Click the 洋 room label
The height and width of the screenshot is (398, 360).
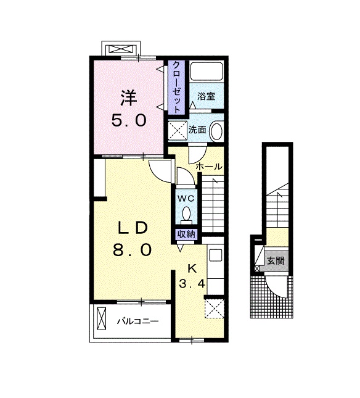click(x=128, y=97)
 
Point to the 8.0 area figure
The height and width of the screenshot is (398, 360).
click(x=131, y=251)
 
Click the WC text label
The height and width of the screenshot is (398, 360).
click(x=186, y=199)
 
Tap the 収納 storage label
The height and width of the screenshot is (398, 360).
click(x=186, y=234)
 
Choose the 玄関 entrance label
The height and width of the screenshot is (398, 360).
click(x=275, y=260)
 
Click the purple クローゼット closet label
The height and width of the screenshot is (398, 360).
click(x=176, y=87)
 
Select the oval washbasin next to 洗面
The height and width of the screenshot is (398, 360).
click(x=216, y=131)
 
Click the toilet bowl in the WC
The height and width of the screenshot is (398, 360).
click(x=186, y=214)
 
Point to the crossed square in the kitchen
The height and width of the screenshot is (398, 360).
click(x=215, y=307)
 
